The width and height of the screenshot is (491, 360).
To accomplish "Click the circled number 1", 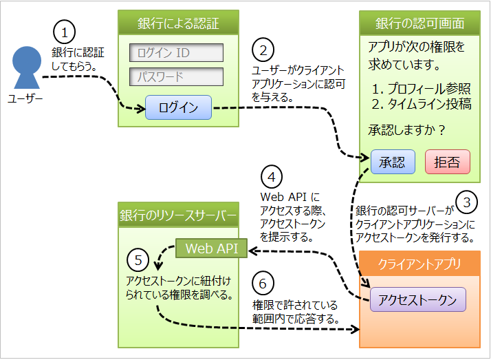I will [64, 32].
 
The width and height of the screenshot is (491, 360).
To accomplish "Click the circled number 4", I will [272, 177].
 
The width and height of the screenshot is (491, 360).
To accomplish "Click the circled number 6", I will [264, 282].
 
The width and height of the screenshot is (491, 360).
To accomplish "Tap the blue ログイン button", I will [178, 108].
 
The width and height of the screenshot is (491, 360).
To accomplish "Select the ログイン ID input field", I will [177, 53].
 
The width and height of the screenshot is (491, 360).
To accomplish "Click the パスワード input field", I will [177, 76].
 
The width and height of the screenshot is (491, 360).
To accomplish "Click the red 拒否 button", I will [447, 162].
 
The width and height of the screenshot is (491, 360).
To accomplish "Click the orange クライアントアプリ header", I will [419, 264].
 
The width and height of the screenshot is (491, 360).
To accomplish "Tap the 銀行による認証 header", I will [178, 23].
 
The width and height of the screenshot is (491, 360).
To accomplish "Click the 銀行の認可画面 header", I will [419, 23].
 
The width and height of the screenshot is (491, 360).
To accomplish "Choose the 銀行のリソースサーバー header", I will [178, 218].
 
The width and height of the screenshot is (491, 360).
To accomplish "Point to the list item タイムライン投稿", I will [421, 105].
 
